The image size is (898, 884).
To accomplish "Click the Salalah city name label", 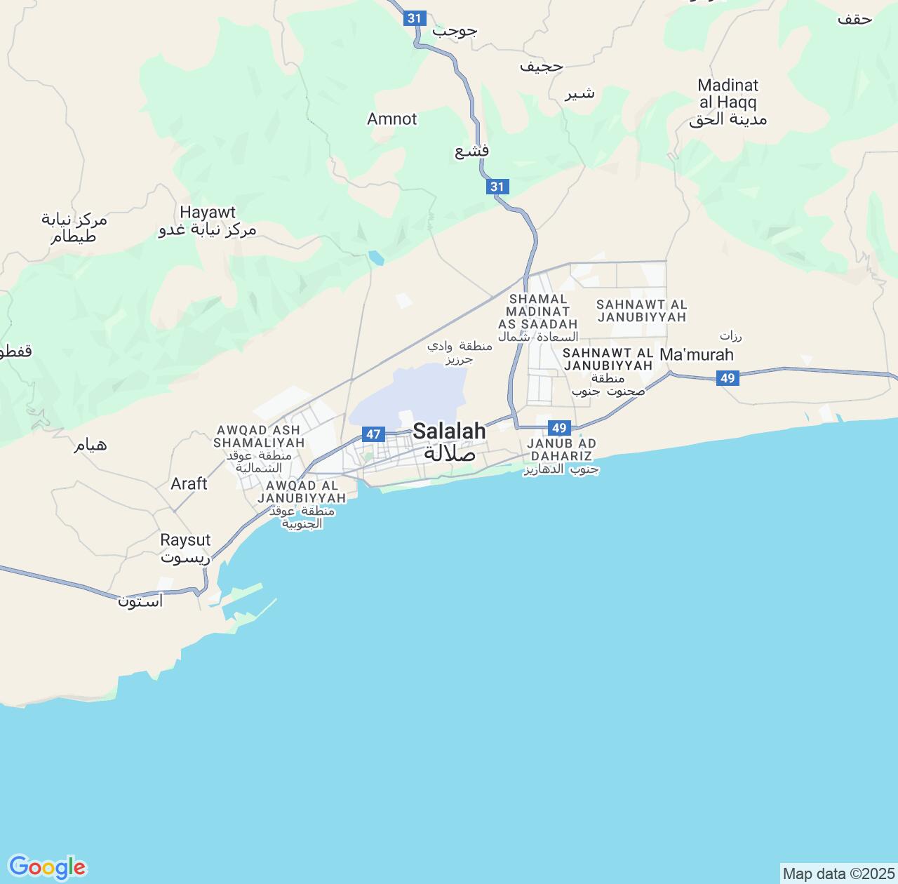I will [x=449, y=431].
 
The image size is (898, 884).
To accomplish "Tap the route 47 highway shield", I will [x=373, y=434].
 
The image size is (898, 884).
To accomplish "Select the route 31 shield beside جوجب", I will [x=415, y=18].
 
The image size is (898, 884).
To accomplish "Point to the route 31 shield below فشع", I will [x=497, y=187].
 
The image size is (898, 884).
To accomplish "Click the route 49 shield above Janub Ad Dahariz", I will [x=558, y=428].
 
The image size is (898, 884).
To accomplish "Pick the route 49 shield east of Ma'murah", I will [x=728, y=379].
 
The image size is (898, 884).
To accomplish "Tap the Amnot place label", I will [x=392, y=119].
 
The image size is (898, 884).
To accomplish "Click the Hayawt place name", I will [x=208, y=213].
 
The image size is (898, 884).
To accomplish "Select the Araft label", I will [x=189, y=483].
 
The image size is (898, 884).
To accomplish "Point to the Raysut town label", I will [x=185, y=540].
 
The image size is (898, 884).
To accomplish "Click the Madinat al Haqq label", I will [x=728, y=94].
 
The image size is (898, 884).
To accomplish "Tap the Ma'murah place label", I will [x=697, y=354].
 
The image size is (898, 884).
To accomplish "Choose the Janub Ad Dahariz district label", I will [x=561, y=450].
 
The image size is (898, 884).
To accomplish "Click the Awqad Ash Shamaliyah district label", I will [x=259, y=436].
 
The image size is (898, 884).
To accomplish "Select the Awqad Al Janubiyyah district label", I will [x=302, y=492].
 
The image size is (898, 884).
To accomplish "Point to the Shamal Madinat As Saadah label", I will [x=538, y=312].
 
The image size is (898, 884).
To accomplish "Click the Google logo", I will [x=47, y=867].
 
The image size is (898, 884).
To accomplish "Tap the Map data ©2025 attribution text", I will [x=838, y=874].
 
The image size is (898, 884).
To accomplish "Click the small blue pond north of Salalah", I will [x=376, y=259].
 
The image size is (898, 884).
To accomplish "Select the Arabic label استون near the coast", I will [x=140, y=601].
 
